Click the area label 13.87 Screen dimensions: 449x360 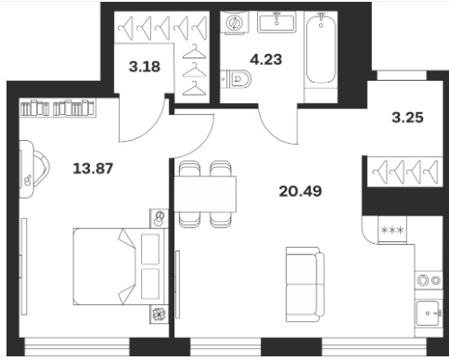click(x=93, y=169)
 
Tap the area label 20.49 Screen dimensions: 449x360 click(x=301, y=191)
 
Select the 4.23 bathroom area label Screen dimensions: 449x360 click(x=266, y=59)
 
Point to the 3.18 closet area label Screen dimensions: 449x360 click(x=145, y=67)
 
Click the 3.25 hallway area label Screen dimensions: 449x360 click(x=407, y=118)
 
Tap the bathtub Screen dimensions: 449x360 click(x=321, y=48)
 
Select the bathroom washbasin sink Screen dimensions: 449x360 click(x=276, y=21)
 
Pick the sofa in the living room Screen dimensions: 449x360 click(x=305, y=285)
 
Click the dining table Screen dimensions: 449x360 click(x=205, y=194)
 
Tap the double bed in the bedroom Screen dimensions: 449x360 click(x=121, y=267)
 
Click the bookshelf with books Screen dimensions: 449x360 click(x=58, y=108)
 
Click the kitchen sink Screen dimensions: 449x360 click(x=429, y=313)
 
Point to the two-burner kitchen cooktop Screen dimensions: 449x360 click(x=429, y=280)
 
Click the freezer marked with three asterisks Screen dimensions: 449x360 click(x=392, y=230)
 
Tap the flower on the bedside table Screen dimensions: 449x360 click(x=160, y=315)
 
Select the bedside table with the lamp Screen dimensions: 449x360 click(x=159, y=219)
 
